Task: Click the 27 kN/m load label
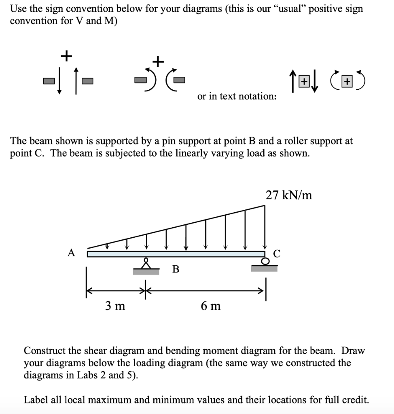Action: tap(289, 196)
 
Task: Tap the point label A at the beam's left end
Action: tap(72, 253)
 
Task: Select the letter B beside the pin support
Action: tap(176, 269)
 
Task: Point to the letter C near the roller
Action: tap(277, 253)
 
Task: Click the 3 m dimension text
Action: tap(115, 306)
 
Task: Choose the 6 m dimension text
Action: tap(211, 306)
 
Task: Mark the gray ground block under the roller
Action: tap(264, 268)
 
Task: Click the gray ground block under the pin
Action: tap(146, 272)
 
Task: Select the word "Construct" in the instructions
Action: tap(45, 351)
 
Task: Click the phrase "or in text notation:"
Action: tap(237, 96)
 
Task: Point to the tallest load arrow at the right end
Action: tap(265, 226)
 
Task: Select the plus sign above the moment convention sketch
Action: tap(158, 61)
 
